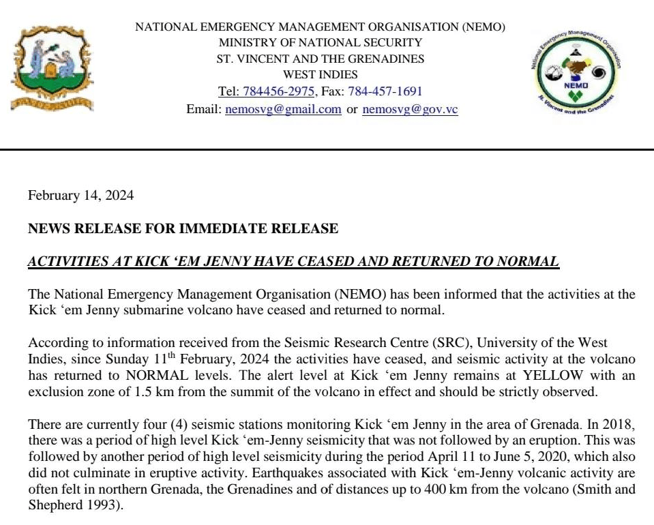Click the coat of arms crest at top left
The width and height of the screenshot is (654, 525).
click(x=52, y=67)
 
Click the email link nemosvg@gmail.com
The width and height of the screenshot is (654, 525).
click(x=283, y=109)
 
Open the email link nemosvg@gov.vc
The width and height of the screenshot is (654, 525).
click(x=410, y=109)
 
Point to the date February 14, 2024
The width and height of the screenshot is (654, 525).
click(x=80, y=196)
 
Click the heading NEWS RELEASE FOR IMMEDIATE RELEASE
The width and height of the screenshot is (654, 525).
click(x=183, y=228)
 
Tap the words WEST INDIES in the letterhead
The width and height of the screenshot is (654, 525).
click(x=320, y=74)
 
